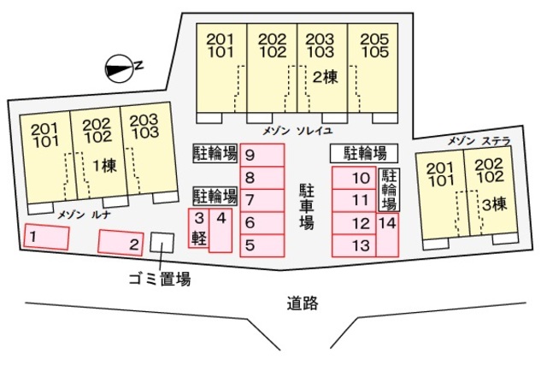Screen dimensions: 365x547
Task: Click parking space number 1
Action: pyautogui.click(x=46, y=236)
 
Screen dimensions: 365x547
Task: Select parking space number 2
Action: pyautogui.click(x=121, y=244)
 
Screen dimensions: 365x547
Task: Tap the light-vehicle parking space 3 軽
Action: pyautogui.click(x=198, y=228)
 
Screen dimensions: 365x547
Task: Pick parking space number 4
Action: pyautogui.click(x=221, y=229)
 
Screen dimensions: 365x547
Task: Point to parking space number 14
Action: pyautogui.click(x=387, y=234)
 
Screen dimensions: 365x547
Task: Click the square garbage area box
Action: pyautogui.click(x=160, y=242)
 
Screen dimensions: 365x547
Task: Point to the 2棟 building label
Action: pyautogui.click(x=324, y=76)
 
